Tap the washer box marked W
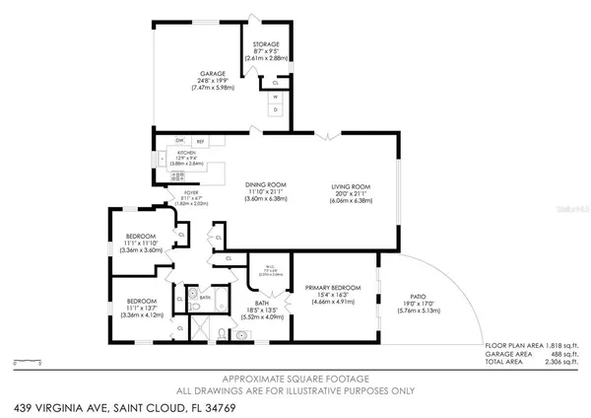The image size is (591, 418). pyautogui.click(x=275, y=97)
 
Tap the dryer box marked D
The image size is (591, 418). pyautogui.click(x=275, y=109)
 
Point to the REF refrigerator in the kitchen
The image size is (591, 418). pyautogui.click(x=198, y=142)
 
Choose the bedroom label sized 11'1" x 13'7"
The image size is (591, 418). pyautogui.click(x=141, y=301)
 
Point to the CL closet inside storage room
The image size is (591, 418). pyautogui.click(x=275, y=83)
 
